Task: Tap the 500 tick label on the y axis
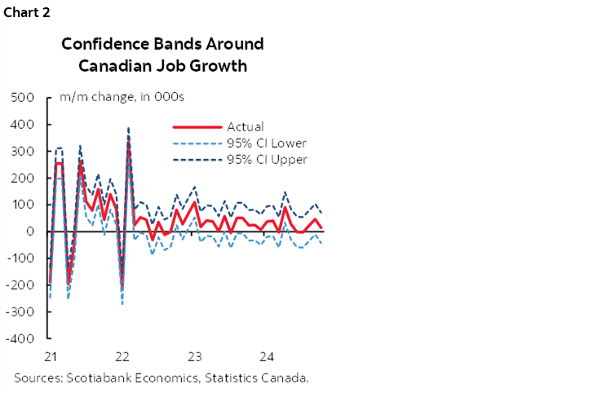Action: [x=23, y=98]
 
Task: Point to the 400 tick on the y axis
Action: [x=23, y=125]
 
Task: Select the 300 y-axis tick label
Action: [x=23, y=152]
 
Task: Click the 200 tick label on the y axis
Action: [x=23, y=178]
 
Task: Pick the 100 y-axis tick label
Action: [x=23, y=205]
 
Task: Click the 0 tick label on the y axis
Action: [x=30, y=232]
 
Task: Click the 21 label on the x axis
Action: [x=50, y=357]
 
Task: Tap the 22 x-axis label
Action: [x=122, y=357]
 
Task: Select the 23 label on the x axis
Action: [x=194, y=357]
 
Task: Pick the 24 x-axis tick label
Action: [x=266, y=357]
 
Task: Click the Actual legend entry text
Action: [x=246, y=126]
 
